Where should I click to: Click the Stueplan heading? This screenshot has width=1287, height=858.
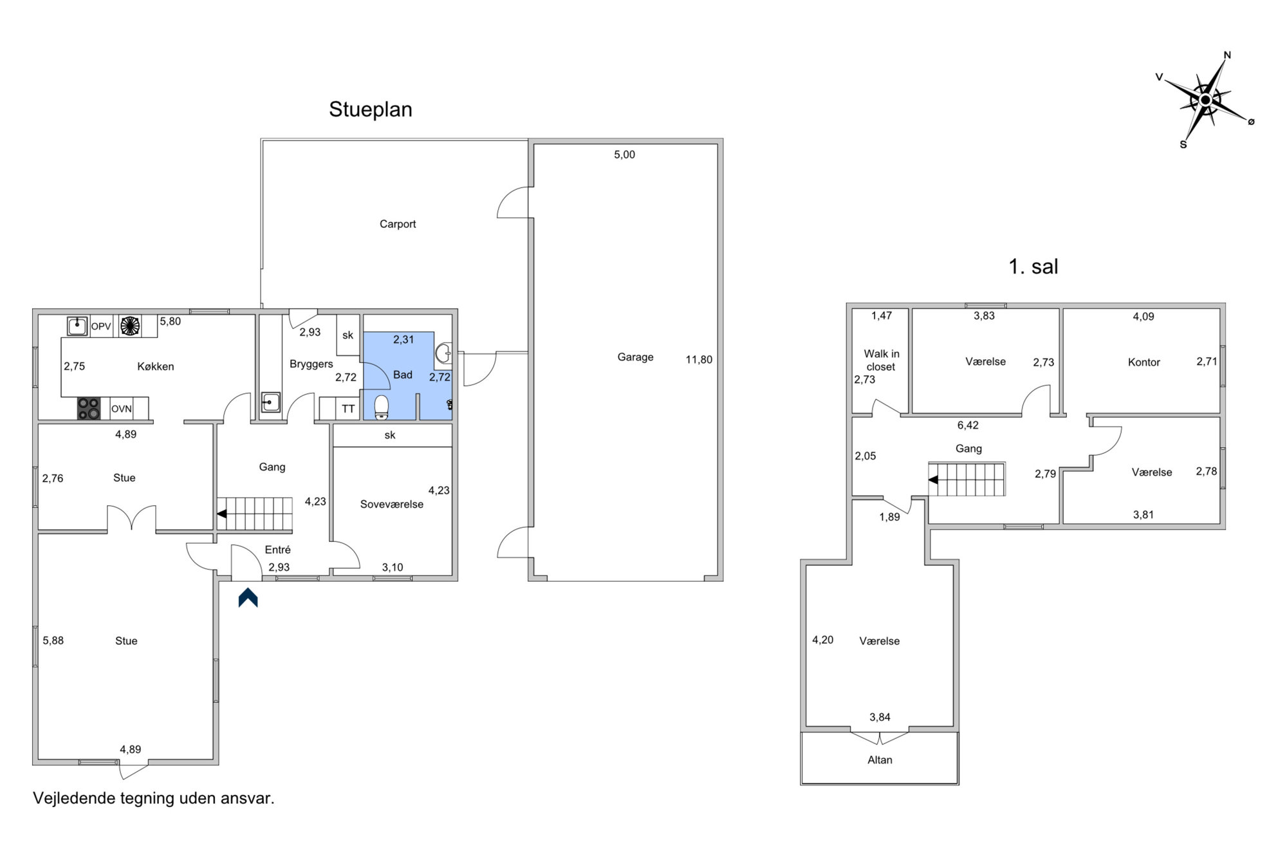coord(371,110)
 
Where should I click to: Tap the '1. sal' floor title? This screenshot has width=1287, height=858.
coord(1033,266)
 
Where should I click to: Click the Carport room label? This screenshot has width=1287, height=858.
coord(398,224)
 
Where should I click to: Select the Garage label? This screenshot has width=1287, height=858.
coord(635,357)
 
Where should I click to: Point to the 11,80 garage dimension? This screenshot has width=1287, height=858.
coord(699,360)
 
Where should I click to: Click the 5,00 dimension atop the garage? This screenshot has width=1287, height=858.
coord(624,154)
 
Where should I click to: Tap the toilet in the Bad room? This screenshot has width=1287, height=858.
coord(382,407)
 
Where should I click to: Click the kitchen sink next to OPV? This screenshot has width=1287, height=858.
coord(78,326)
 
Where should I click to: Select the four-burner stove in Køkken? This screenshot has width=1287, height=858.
coord(89,408)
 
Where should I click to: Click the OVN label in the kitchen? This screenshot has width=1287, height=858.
coord(122,409)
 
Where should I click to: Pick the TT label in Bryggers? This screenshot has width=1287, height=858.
coord(348,409)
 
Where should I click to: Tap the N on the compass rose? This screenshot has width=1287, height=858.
coord(1227,55)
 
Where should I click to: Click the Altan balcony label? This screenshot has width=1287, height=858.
coord(880,760)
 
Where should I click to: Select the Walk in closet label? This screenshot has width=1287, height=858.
coord(881,360)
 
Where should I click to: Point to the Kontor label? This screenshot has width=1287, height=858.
coord(1143,362)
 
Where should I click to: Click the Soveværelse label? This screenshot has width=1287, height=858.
coord(391,505)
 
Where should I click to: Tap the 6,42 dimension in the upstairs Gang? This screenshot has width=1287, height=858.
coord(968,425)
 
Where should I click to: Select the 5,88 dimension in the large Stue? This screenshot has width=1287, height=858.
coord(53,641)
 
